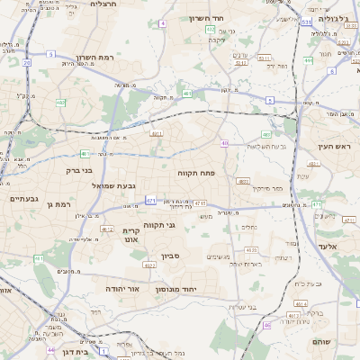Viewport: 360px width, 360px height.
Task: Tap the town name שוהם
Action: coord(322,343)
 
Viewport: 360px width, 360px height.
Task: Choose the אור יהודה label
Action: coord(121,290)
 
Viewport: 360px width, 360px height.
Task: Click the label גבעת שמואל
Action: coord(114,185)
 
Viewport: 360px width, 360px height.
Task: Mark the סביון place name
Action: coord(171,256)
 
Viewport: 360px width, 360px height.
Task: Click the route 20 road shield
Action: coord(27,63)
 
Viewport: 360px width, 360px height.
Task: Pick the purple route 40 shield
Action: coord(224,143)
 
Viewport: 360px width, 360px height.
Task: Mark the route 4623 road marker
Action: coord(251,250)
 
